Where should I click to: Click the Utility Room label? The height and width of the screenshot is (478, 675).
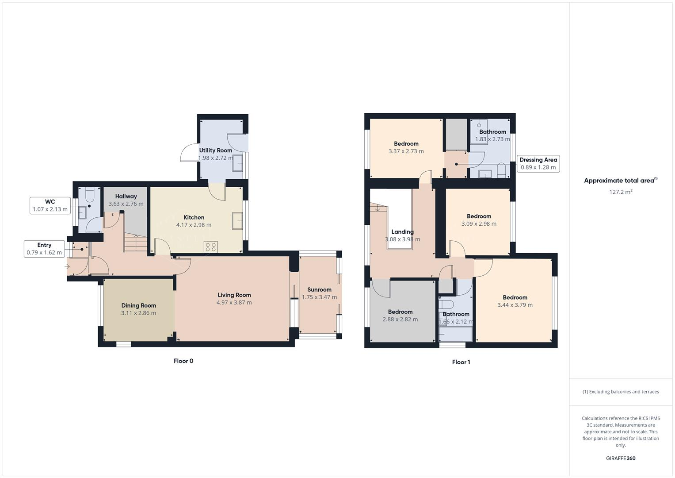(215, 150)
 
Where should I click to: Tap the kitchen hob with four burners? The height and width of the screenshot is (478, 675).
(210, 247)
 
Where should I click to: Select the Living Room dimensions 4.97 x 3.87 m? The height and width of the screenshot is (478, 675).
(234, 303)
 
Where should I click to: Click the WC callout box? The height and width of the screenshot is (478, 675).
(50, 206)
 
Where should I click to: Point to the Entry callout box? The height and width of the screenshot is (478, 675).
(44, 249)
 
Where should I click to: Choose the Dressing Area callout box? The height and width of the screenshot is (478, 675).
(538, 164)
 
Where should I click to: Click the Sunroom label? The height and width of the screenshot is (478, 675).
(319, 290)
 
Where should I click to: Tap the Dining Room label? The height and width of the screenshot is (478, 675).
(138, 305)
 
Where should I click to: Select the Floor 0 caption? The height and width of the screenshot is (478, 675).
(183, 361)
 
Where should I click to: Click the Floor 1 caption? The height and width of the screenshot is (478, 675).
(461, 362)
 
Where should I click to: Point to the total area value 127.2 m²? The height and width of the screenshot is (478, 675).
(620, 192)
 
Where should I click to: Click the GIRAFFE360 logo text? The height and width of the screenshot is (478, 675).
(620, 459)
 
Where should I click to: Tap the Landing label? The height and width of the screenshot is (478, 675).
(402, 232)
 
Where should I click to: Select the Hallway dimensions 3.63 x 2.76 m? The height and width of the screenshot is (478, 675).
(126, 204)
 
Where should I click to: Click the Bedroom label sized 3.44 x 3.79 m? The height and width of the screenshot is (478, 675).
(515, 297)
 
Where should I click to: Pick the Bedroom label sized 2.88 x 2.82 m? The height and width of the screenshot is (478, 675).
(400, 312)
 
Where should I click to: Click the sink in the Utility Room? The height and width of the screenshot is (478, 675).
(237, 162)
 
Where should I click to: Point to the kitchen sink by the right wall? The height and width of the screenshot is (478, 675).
(237, 220)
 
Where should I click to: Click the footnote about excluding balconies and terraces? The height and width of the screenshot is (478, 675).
(620, 392)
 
